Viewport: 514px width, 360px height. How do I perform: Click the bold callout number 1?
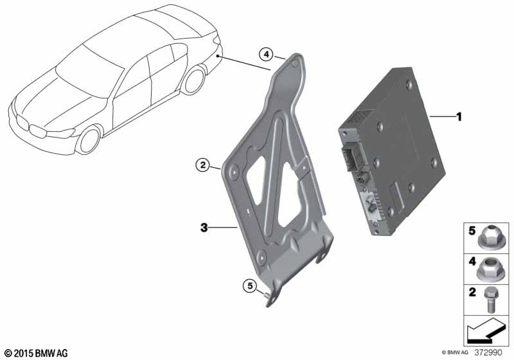pyautogui.click(x=459, y=117)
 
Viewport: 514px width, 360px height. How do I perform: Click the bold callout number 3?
pyautogui.click(x=204, y=227)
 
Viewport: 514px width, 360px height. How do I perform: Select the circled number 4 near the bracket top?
pyautogui.click(x=266, y=55)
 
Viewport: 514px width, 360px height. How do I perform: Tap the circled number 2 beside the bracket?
pyautogui.click(x=203, y=165)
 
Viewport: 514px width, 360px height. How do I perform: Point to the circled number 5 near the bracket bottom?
pyautogui.click(x=250, y=286)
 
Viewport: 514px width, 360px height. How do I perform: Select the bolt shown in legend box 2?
pyautogui.click(x=489, y=300)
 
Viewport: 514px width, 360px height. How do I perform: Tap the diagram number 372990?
pyautogui.click(x=488, y=353)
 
